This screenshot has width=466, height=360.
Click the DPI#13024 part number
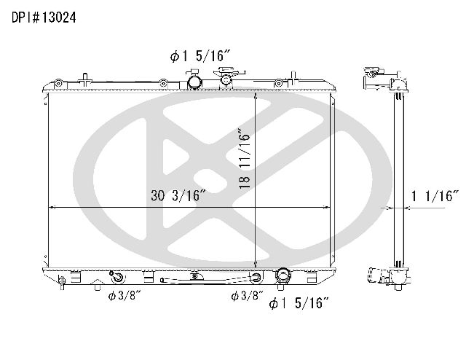[x=44, y=17]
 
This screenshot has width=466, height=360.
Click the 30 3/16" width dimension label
[x=178, y=195]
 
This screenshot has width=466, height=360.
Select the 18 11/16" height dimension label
[x=245, y=158]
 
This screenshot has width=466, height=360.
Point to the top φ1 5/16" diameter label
[x=200, y=55]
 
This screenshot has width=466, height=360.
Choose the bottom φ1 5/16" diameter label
[x=299, y=303]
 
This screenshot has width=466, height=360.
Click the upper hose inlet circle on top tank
[x=194, y=82]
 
